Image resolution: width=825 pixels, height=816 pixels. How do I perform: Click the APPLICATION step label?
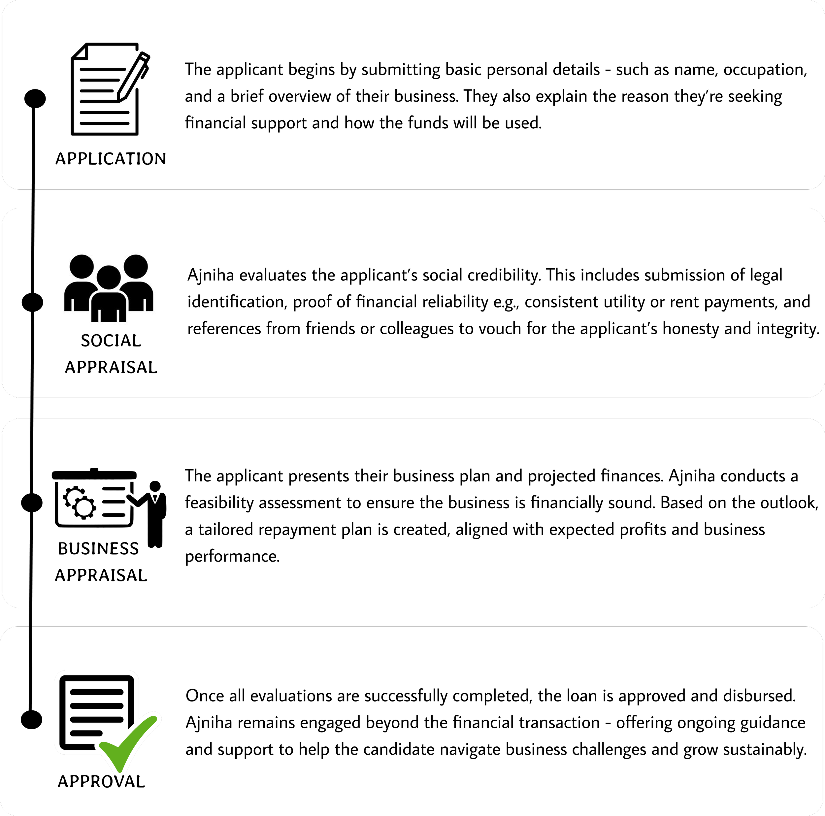pos(111,159)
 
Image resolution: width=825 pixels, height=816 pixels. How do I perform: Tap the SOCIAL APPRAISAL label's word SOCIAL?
pos(111,341)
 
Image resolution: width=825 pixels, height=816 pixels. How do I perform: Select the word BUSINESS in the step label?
pos(98,549)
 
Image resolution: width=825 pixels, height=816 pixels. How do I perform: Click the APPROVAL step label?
pos(102,782)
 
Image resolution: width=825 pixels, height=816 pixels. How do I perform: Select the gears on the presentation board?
pos(80,503)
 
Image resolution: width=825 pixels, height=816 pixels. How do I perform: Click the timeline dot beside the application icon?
pos(35,99)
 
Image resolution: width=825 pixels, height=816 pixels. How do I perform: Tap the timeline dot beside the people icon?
pos(32,302)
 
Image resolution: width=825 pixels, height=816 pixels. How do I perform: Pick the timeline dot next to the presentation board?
pos(32,503)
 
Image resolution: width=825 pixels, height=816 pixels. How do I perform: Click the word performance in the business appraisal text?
pos(232,556)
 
